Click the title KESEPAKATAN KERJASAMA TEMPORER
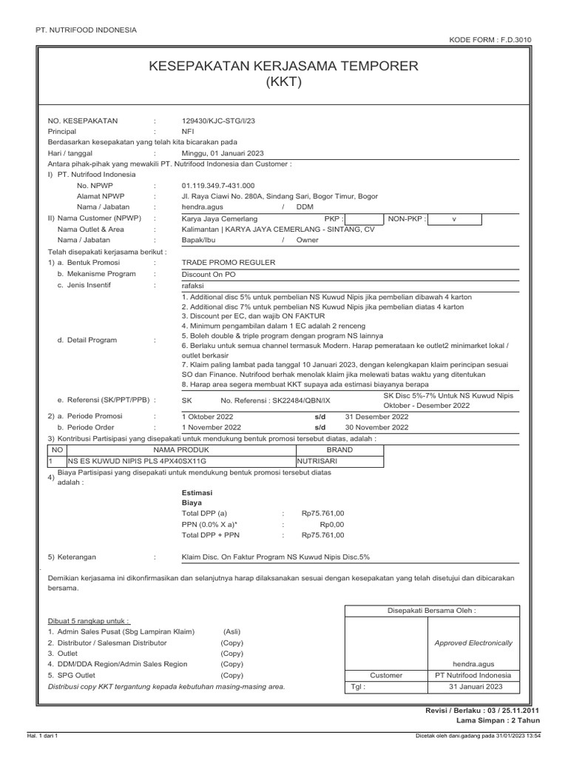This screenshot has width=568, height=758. [x=283, y=67]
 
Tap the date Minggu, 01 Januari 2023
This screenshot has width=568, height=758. [x=223, y=152]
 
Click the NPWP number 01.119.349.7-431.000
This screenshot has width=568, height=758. [x=217, y=185]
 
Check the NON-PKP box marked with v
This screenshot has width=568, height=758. [x=454, y=219]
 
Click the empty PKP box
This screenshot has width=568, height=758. [x=362, y=219]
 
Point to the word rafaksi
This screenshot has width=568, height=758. [x=193, y=284]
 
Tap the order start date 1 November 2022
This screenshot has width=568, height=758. [x=211, y=427]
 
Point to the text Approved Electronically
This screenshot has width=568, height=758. [x=473, y=643]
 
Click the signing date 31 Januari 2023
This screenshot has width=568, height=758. [x=473, y=686]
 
